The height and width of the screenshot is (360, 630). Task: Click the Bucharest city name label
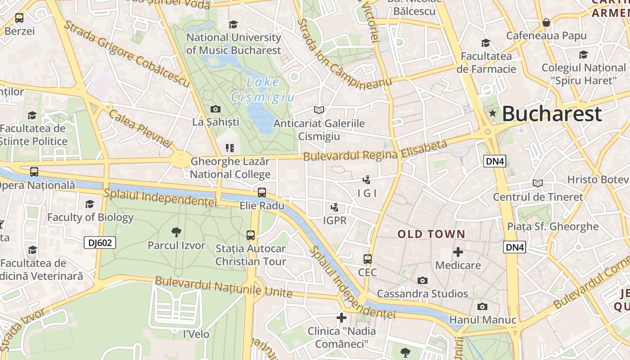tap(552, 114)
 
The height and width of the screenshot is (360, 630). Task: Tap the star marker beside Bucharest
tap(493, 113)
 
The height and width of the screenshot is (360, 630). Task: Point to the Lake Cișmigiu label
tap(263, 90)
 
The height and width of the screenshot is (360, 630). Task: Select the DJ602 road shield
tap(100, 243)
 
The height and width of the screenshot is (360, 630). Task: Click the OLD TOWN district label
tap(431, 234)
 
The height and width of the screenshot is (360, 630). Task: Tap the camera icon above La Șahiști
tap(216, 109)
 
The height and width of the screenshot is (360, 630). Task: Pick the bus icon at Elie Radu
tap(262, 193)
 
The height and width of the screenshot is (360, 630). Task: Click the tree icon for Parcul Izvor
tap(176, 232)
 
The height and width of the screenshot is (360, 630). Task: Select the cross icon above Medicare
tap(458, 252)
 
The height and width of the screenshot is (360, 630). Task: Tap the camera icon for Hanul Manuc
tap(482, 307)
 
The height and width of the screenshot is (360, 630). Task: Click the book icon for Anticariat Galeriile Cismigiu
tap(319, 110)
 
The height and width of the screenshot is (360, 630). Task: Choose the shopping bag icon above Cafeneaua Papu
tap(546, 22)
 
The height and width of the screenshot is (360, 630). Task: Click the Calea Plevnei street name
tap(140, 128)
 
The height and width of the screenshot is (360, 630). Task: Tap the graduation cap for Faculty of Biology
tap(90, 204)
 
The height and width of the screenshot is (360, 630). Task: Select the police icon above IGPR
tap(334, 207)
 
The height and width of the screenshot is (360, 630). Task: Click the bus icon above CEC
tap(368, 259)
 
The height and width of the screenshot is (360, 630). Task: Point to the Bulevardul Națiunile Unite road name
tap(224, 287)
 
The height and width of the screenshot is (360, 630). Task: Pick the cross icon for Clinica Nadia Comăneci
tap(342, 318)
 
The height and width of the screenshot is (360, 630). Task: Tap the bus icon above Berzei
tap(19, 18)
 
